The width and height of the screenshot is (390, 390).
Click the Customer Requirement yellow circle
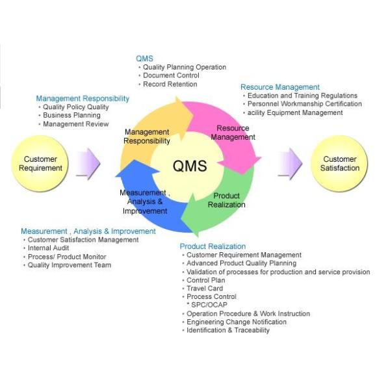click(41, 163)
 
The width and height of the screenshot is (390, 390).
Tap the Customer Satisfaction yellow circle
click(340, 163)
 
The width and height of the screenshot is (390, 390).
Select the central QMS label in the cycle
click(189, 166)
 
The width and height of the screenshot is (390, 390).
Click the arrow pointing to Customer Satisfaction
click(290, 163)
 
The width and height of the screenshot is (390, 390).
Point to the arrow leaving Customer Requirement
click(88, 163)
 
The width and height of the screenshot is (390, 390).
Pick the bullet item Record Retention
click(170, 84)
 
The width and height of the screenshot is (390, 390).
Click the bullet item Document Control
click(172, 75)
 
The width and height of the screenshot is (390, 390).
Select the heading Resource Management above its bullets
click(280, 87)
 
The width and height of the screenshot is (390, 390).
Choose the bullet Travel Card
click(205, 289)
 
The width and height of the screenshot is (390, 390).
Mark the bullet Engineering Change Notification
click(236, 322)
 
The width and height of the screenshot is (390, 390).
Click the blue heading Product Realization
click(213, 246)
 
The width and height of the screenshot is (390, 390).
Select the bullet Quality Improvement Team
click(69, 265)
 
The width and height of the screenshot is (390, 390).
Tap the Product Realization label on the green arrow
click(226, 200)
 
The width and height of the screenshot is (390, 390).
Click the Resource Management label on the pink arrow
click(233, 133)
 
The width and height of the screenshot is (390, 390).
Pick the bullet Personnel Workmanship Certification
click(304, 104)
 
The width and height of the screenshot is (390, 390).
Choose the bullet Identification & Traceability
click(227, 330)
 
